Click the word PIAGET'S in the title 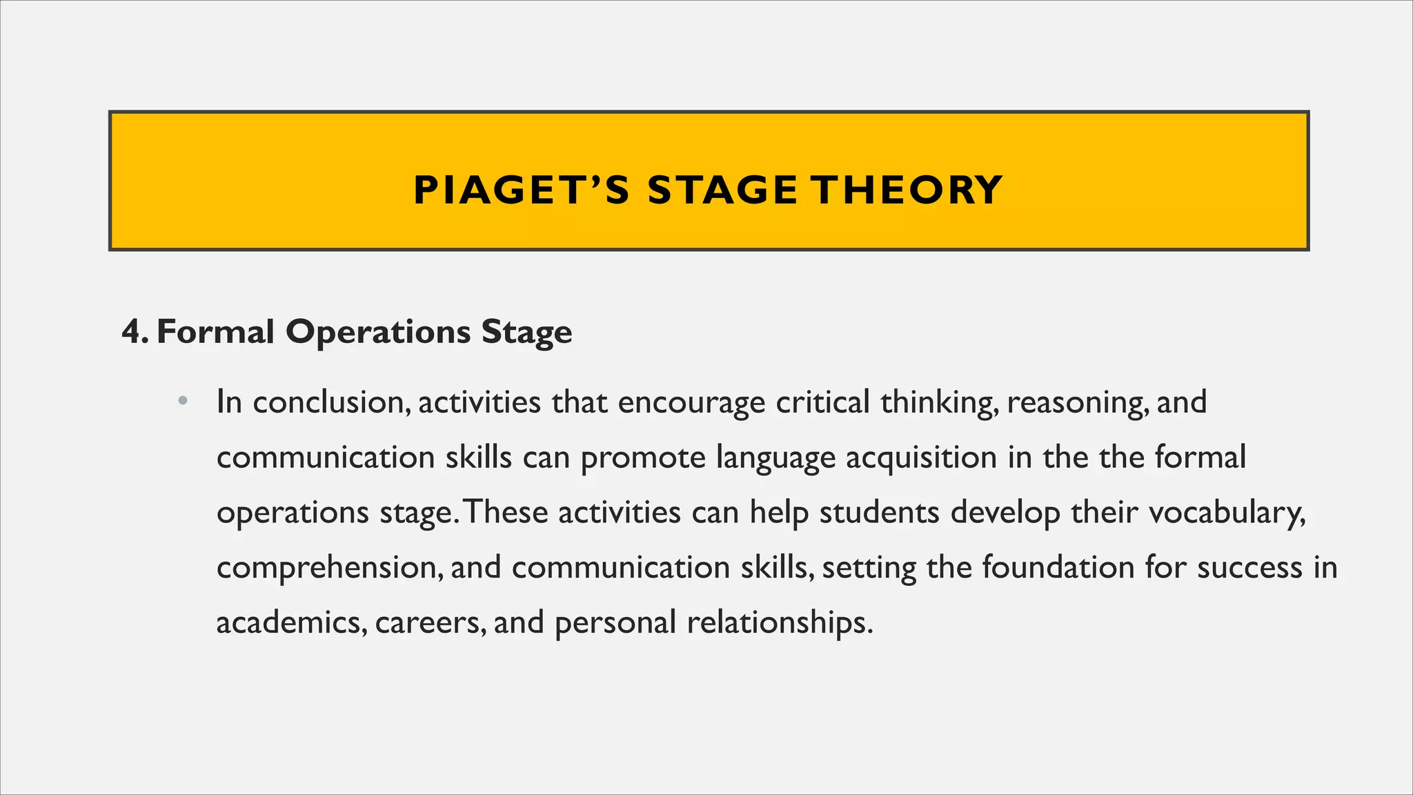pyautogui.click(x=521, y=190)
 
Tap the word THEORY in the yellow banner pyautogui.click(x=906, y=190)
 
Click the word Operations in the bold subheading pyautogui.click(x=377, y=332)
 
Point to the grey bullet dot pyautogui.click(x=182, y=401)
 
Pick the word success pyautogui.click(x=1249, y=568)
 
